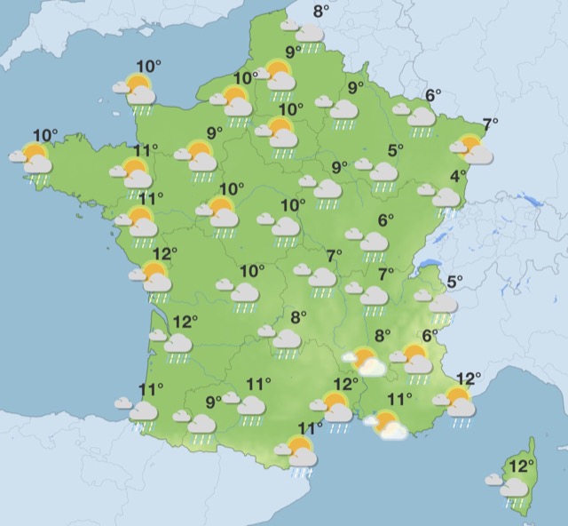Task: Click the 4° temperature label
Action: tap(458, 176)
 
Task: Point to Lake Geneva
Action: tap(430, 264)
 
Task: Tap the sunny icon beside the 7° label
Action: tap(470, 148)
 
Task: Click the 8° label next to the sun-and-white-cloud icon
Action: tap(383, 336)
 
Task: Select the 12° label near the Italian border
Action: tap(468, 379)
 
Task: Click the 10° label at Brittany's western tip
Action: tap(45, 136)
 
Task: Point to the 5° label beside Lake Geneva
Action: tap(454, 283)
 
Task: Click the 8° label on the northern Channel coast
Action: tap(321, 12)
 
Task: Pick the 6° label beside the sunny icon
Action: tap(430, 336)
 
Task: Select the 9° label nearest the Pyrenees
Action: tap(214, 402)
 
